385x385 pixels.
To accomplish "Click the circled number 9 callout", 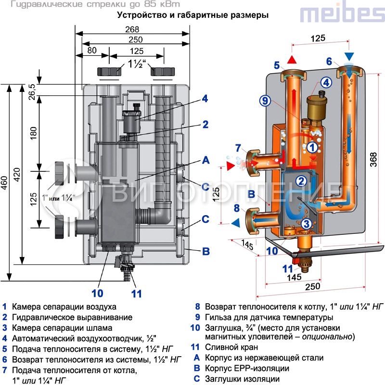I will tap(265, 101).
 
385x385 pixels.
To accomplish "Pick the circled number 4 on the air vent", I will tap(326, 83).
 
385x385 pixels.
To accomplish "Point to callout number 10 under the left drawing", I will tap(97, 292).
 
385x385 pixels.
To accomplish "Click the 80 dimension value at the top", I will tap(92, 50).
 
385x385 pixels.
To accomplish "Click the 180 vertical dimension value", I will tap(33, 133).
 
